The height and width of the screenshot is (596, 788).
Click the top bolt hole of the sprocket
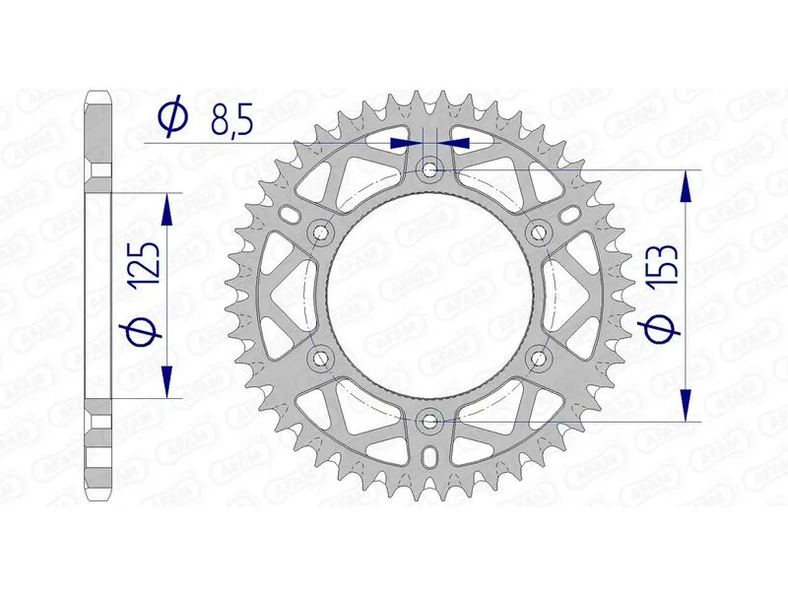pyautogui.click(x=429, y=169)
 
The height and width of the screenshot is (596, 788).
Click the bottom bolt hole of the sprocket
pyautogui.click(x=429, y=421)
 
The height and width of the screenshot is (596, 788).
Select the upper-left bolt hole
pyautogui.click(x=319, y=232)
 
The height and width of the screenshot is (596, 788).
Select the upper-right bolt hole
pyautogui.click(x=539, y=232)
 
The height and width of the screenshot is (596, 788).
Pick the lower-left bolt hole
pyautogui.click(x=319, y=357)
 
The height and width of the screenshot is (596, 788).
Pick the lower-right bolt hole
pyautogui.click(x=539, y=357)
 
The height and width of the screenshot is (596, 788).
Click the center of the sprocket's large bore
pyautogui.click(x=429, y=296)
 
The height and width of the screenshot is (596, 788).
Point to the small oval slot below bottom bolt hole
pyautogui.click(x=429, y=459)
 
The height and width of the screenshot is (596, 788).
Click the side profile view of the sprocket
pyautogui.click(x=98, y=296)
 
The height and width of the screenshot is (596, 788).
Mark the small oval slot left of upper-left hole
pyautogui.click(x=288, y=214)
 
